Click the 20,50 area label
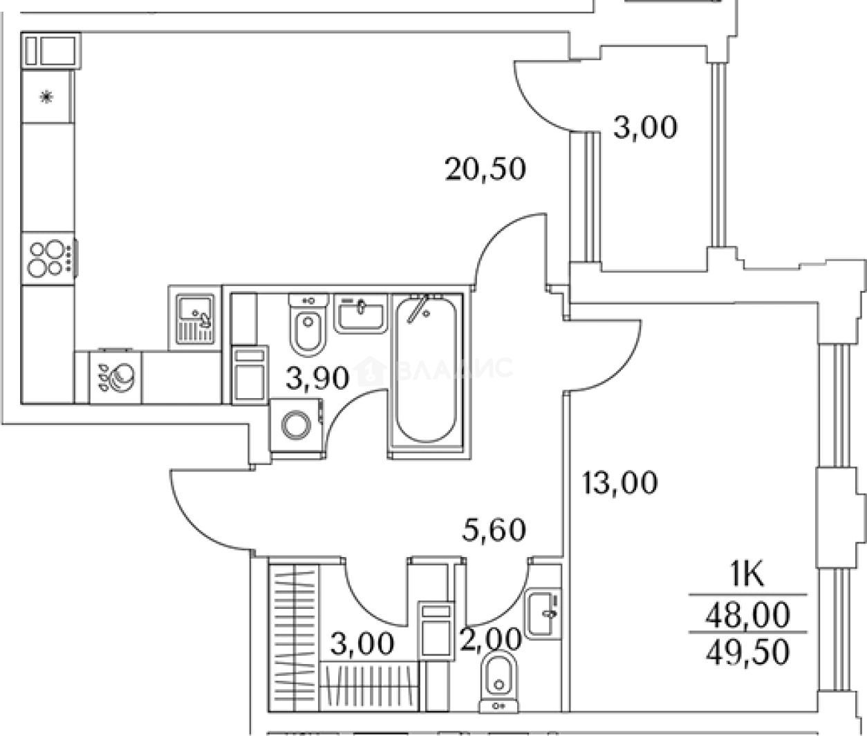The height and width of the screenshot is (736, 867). pyautogui.click(x=485, y=169)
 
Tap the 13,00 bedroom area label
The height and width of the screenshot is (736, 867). pyautogui.click(x=620, y=482)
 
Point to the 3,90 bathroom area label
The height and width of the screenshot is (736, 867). pyautogui.click(x=317, y=377)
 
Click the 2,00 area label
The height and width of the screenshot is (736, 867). pyautogui.click(x=491, y=639)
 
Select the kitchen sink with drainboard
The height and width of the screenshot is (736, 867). pyautogui.click(x=195, y=319)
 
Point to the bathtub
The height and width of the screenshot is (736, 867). pyautogui.click(x=426, y=369)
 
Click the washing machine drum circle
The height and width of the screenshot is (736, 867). pyautogui.click(x=297, y=425)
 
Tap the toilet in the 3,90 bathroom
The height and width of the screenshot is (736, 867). pyautogui.click(x=308, y=324)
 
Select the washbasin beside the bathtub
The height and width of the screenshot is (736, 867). pyautogui.click(x=361, y=313)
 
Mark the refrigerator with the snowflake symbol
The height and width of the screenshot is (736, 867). pyautogui.click(x=47, y=97)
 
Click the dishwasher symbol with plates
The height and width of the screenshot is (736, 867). pyautogui.click(x=115, y=377)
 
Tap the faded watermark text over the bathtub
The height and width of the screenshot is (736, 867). pyautogui.click(x=434, y=370)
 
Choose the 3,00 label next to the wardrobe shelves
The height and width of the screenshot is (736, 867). pyautogui.click(x=362, y=643)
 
